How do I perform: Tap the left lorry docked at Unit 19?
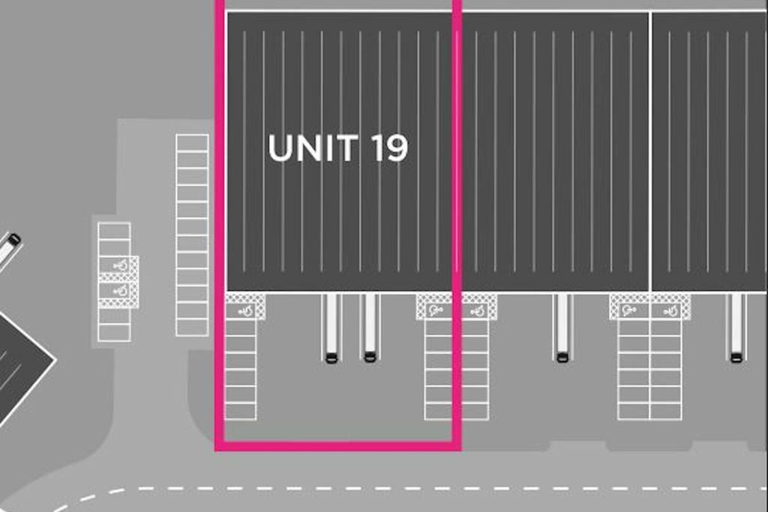331,328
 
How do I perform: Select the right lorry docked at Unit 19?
370,328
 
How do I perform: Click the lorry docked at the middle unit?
562,328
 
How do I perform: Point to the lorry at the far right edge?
736,328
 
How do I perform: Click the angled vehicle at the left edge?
9,250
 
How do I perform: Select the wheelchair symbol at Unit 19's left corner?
246,310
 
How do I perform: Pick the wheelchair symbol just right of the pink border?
476,310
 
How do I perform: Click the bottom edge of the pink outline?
338,446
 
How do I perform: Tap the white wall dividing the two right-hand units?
650,151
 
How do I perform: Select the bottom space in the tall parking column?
192,328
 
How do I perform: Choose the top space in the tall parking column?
192,143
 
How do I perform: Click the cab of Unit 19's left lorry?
331,358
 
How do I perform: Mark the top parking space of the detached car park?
114,231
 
